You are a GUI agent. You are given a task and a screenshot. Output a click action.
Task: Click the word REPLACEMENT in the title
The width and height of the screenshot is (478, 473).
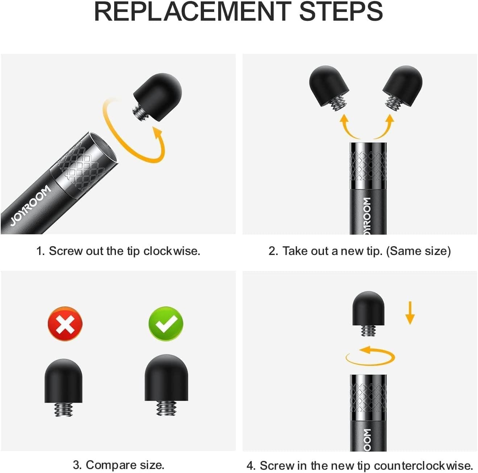tap(192, 12)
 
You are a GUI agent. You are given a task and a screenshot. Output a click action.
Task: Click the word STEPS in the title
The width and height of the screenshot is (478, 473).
tap(341, 12)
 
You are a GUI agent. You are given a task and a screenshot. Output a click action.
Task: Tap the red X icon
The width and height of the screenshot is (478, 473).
tap(65, 324)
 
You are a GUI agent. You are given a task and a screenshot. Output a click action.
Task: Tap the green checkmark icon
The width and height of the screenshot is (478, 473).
tap(166, 324)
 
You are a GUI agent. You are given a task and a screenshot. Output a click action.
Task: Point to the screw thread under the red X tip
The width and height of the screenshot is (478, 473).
tap(63, 410)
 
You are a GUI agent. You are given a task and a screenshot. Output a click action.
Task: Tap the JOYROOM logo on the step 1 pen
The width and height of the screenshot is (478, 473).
tap(30, 205)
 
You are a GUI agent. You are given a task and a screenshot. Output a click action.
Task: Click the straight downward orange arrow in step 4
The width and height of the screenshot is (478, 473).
tap(410, 313)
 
